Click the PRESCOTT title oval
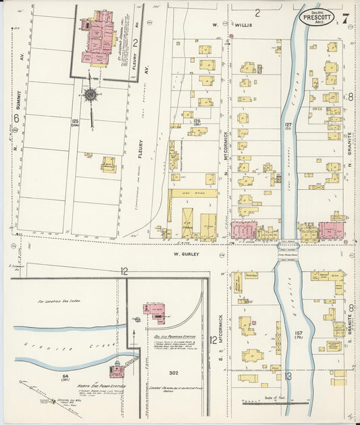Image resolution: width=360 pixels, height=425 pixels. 317,16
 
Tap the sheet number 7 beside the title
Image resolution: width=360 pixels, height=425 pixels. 345,17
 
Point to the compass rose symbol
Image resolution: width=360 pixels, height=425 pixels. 90,94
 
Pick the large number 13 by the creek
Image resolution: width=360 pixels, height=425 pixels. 288,376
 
